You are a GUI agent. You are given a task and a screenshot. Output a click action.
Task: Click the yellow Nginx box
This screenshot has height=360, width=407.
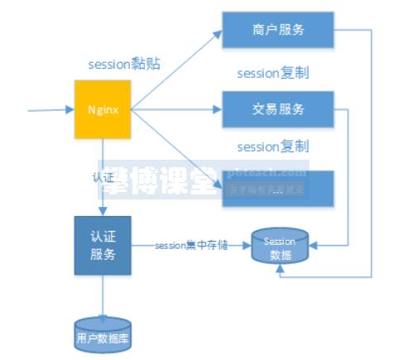[103, 108]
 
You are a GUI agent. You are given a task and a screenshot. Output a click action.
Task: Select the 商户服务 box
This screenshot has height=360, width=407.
[277, 31]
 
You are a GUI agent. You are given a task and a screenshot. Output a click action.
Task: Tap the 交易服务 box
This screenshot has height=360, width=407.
[277, 108]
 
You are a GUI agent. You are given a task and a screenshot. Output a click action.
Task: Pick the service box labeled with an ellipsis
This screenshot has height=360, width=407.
[277, 189]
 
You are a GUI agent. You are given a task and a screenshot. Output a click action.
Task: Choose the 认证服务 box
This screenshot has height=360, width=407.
[103, 245]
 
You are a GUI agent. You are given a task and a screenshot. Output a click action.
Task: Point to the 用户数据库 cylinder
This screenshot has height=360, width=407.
[103, 336]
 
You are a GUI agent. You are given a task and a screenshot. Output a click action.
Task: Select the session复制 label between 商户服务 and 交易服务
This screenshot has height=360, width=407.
[272, 72]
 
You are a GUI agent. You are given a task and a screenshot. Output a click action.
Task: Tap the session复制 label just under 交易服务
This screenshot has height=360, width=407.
[272, 146]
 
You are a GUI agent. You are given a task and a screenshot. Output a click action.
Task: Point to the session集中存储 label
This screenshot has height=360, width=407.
[189, 244]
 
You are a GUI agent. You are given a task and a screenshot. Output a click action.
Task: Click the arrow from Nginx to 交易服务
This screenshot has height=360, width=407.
[178, 108]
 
